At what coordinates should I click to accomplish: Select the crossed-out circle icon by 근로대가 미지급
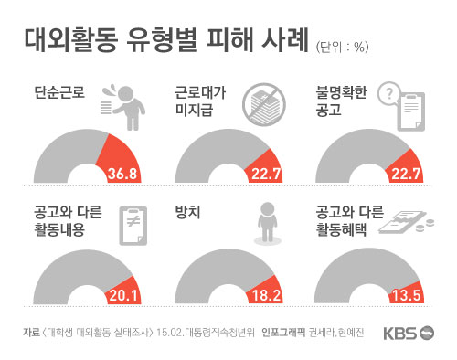click(x=264, y=104)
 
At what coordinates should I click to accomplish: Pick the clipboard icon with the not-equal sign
click(x=133, y=224)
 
